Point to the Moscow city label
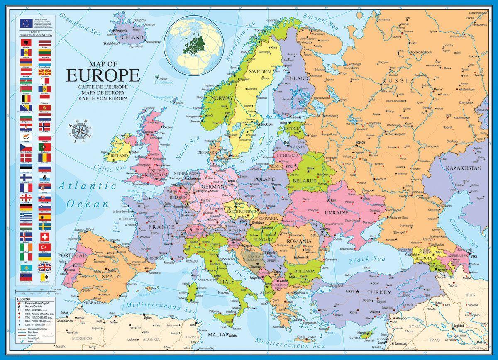click(360, 143)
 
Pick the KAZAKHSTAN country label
click(463, 168)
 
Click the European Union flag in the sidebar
click(25, 23)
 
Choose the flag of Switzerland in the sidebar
click(45, 237)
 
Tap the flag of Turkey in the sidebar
click(45, 247)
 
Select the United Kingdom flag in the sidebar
click(45, 268)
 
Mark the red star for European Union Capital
click(19, 304)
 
